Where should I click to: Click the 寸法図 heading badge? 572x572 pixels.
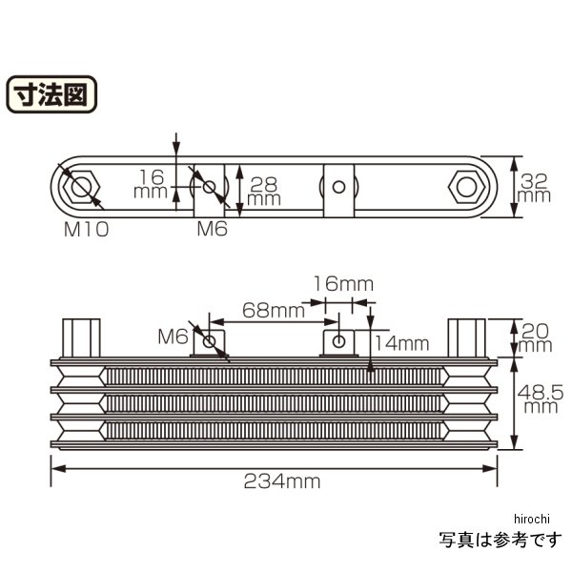coord(52,96)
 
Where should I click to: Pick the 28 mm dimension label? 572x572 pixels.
coord(263,190)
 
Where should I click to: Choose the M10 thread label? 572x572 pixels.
coord(86,229)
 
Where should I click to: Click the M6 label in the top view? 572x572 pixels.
coord(212,229)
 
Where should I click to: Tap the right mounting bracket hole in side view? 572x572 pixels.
coord(338,340)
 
